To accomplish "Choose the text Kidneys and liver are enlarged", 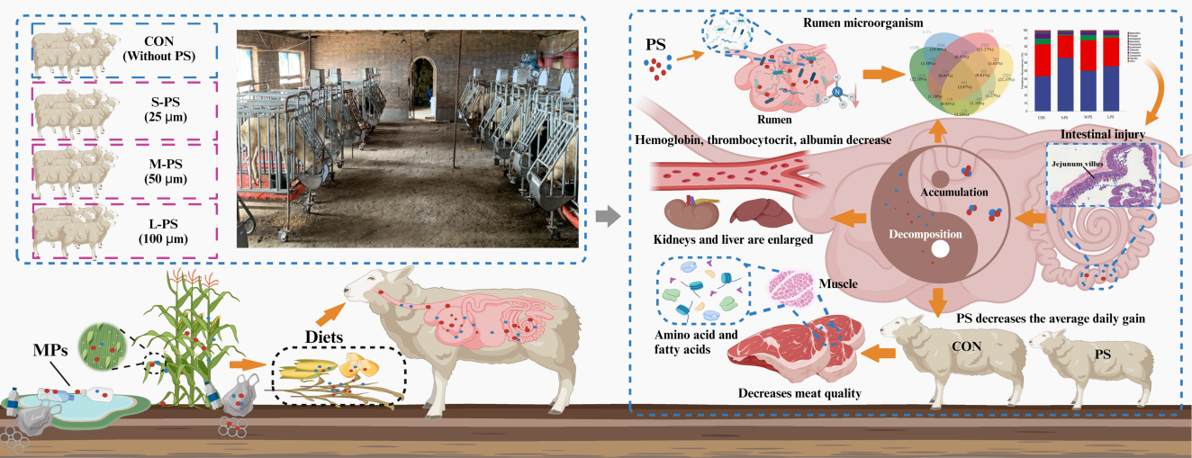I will click(x=734, y=241).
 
